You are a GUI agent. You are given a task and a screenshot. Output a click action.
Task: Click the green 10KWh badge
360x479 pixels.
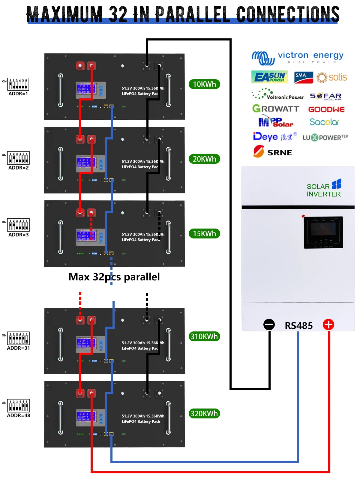(204, 84)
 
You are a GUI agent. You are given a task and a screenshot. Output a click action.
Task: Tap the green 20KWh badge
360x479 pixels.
(204, 159)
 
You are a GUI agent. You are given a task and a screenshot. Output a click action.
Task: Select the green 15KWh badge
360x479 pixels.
(204, 234)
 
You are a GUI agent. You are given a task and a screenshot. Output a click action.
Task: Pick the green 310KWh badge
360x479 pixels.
(204, 337)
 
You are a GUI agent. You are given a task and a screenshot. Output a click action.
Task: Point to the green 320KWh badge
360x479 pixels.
(204, 414)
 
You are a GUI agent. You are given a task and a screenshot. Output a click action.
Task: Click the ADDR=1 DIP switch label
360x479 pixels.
(18, 94)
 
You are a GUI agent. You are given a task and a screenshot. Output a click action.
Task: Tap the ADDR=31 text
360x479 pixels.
(19, 348)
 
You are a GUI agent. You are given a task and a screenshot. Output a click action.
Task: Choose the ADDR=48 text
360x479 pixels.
(19, 416)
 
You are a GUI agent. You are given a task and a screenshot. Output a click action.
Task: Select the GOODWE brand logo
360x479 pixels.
(326, 109)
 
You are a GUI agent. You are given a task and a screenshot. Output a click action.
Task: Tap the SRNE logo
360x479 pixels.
(273, 152)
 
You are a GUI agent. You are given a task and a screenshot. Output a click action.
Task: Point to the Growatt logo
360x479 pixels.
(276, 109)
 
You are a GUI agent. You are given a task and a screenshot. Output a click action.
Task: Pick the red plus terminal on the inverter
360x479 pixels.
(328, 325)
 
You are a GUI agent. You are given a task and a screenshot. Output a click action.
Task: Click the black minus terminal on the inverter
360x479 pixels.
(269, 325)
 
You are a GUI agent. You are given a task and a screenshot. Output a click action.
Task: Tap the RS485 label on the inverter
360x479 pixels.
(298, 326)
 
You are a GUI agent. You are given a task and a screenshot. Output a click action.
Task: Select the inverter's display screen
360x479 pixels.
(323, 229)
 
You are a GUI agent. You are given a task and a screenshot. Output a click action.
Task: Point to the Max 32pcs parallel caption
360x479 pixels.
(114, 277)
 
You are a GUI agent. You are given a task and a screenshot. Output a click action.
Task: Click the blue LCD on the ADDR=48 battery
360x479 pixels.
(86, 417)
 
